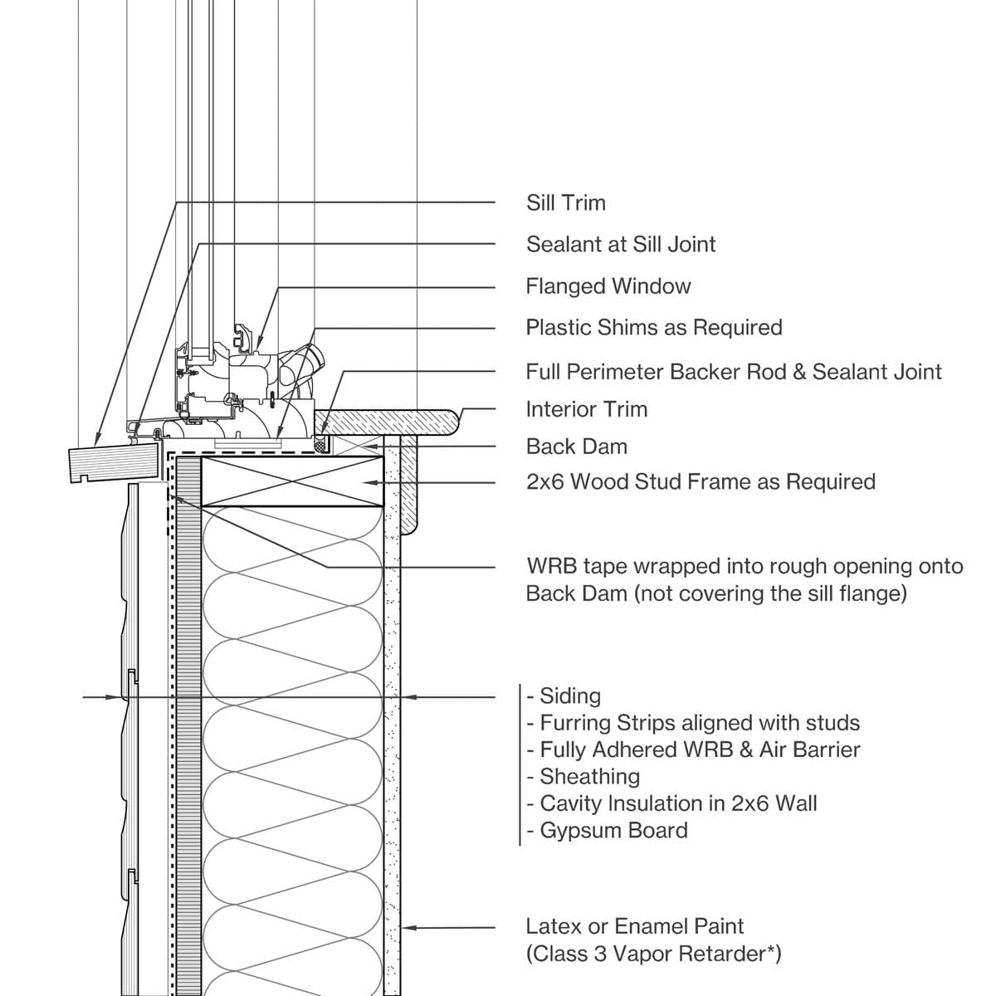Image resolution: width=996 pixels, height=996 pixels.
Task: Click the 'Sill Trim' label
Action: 565,203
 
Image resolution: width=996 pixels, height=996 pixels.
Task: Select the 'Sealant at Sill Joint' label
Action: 620,245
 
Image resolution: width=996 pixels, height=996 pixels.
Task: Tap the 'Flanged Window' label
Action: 608,286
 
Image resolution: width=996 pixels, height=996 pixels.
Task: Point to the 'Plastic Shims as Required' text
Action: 653,328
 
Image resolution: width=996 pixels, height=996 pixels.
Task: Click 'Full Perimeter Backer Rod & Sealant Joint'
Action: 733,372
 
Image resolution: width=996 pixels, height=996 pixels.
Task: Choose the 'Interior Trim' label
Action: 586,409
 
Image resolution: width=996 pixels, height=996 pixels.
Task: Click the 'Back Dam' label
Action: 576,447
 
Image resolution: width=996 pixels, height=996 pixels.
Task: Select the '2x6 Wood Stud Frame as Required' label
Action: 700,482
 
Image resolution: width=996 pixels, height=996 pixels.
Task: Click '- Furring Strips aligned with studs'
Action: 693,723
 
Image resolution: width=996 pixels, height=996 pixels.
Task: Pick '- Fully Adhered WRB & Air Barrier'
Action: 693,750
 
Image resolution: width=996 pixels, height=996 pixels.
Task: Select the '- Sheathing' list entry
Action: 583,777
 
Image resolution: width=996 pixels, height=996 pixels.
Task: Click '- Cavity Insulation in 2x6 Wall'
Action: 671,803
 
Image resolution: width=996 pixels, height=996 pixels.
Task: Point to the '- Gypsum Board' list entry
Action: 607,831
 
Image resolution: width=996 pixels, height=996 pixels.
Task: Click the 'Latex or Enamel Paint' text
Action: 634,926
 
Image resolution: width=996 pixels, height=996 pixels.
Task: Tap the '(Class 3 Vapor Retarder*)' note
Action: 653,954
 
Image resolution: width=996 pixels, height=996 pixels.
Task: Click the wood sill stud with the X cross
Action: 286,481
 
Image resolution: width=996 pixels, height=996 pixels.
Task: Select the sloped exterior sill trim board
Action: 113,461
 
